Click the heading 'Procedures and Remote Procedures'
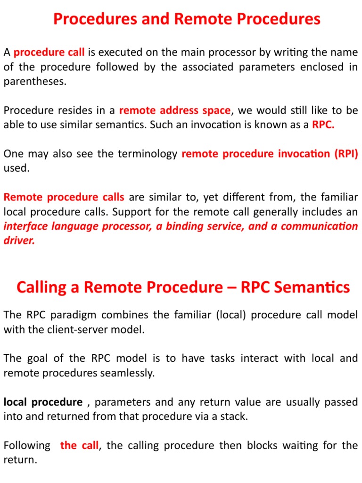pos(187,19)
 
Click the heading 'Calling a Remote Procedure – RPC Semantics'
pos(183,287)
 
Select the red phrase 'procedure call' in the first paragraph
pos(49,52)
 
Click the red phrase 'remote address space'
pos(175,110)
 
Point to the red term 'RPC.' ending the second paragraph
pos(323,125)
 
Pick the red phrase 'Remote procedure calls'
pos(64,197)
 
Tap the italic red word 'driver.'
pos(19,240)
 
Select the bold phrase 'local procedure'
pos(43,402)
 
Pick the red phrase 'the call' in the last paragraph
pos(79,445)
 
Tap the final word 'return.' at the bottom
pos(20,459)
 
